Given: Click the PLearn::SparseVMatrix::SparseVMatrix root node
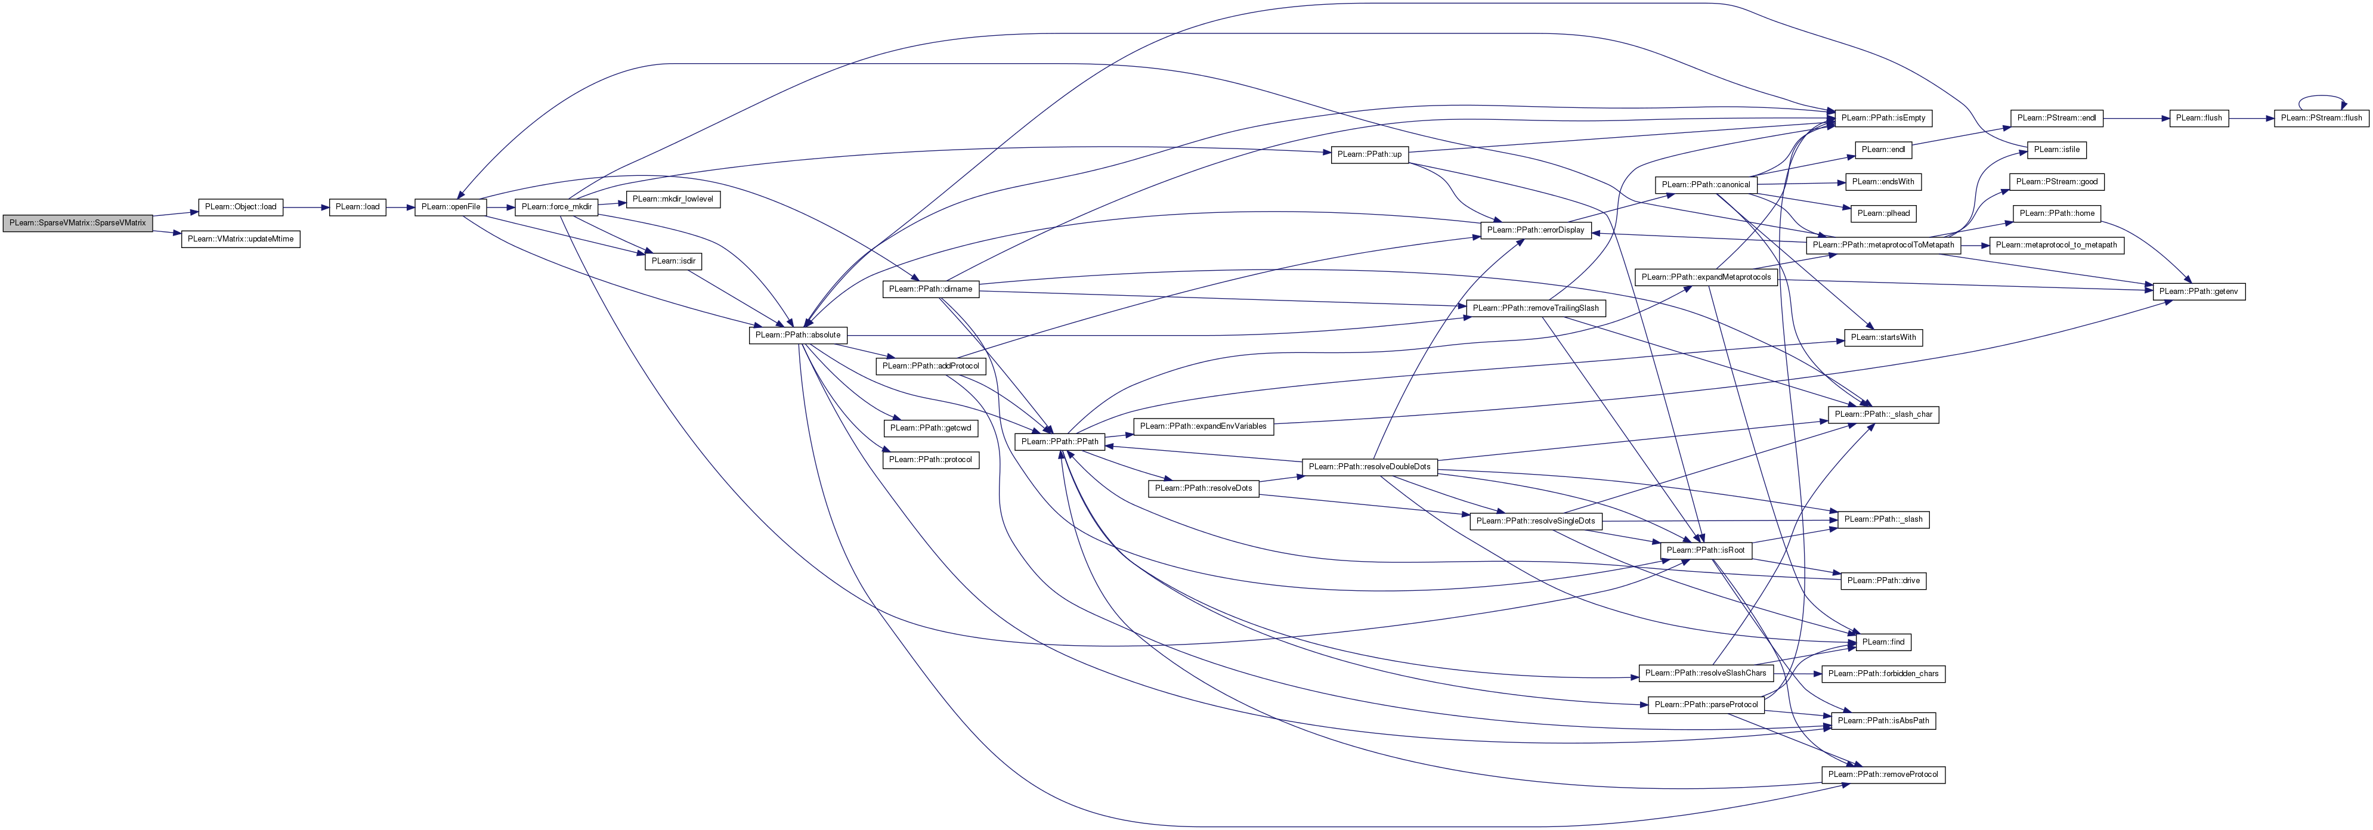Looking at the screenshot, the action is pos(78,223).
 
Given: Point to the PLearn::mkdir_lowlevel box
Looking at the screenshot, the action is pos(673,199).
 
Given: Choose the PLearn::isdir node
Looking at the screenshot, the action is pos(673,262).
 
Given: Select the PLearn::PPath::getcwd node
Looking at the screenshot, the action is pos(930,428).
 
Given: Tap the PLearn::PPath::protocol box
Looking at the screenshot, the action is pos(930,460).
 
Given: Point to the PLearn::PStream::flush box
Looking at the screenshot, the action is pos(2321,119).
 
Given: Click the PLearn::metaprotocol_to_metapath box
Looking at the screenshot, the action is pos(2056,245).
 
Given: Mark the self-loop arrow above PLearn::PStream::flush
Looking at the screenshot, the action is pos(2321,96).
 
